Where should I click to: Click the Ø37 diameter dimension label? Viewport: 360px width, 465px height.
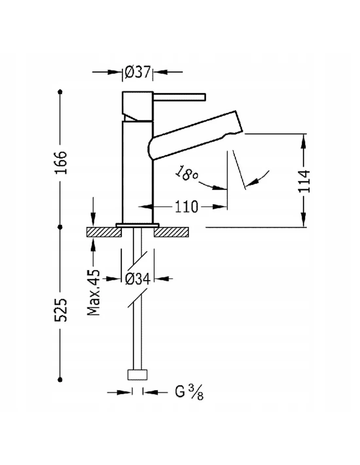coord(137,72)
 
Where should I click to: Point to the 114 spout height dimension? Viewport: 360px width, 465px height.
coord(304,181)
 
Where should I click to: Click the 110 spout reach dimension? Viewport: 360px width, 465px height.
coord(186,207)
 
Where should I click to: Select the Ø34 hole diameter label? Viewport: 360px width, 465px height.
coord(138,279)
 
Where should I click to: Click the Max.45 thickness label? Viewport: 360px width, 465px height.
coord(94,292)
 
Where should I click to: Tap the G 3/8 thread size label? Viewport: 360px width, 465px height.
coord(189,392)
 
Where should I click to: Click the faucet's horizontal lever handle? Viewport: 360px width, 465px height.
coord(179,97)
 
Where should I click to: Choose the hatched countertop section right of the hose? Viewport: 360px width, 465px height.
coord(171,232)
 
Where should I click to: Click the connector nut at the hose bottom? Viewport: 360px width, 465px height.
coord(137,375)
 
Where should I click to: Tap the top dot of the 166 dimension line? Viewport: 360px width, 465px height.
coord(60,92)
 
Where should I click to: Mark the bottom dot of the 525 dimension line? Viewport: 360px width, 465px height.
coord(60,379)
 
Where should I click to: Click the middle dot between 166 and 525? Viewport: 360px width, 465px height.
coord(60,226)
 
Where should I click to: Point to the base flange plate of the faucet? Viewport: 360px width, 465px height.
coord(137,225)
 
